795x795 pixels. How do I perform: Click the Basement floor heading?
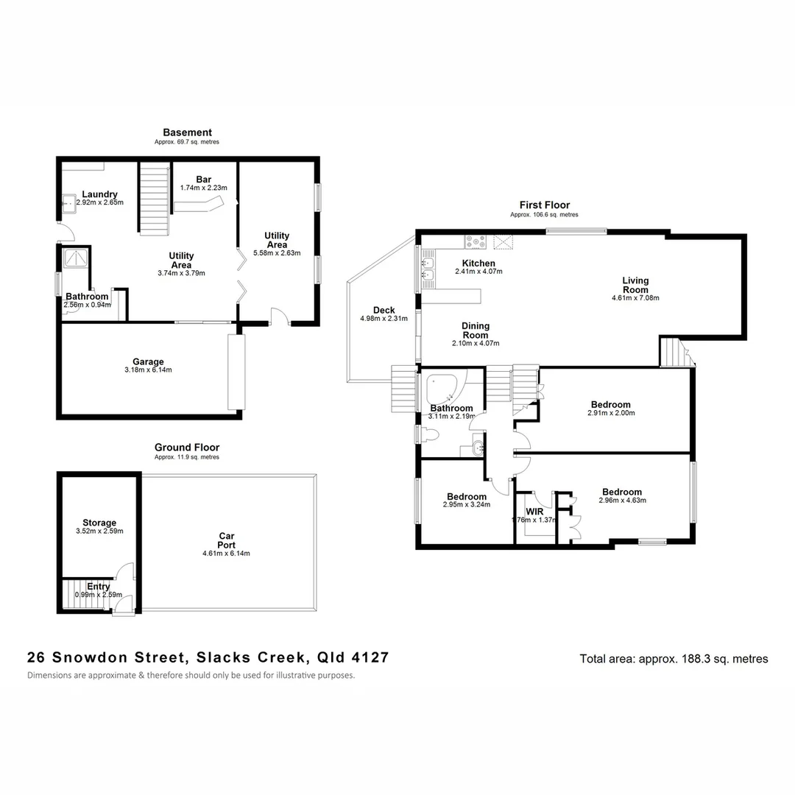coord(187,132)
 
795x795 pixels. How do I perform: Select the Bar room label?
coord(203,179)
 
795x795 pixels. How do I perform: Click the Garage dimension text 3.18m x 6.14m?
coord(148,370)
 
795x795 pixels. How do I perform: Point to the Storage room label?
coord(99,523)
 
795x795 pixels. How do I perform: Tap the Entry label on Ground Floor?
coord(99,587)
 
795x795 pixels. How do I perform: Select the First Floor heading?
coord(544,205)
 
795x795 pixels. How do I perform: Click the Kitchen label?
coord(478,264)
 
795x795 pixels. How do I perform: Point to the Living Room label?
coord(635,285)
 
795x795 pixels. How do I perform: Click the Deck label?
coord(384,311)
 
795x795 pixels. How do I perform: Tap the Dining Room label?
coord(476,331)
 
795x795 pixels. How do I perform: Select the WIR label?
coord(534,511)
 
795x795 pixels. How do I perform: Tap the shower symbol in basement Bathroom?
coord(75,258)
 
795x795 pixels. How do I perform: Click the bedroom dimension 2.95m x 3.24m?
coord(467,505)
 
